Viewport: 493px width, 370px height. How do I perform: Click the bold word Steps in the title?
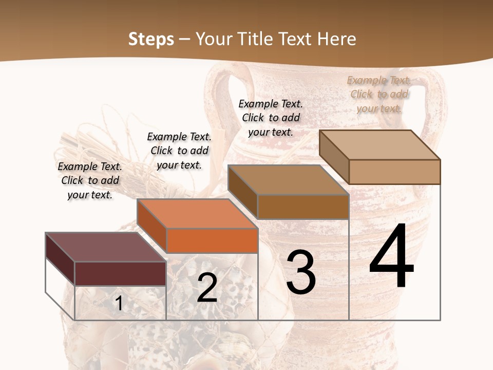[151, 39]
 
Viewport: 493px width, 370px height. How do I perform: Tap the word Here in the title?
[336, 39]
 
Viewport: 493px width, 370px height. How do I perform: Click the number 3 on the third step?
[301, 273]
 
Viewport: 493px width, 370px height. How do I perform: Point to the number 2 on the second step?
[207, 288]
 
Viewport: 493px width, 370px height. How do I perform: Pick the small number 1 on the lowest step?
[119, 304]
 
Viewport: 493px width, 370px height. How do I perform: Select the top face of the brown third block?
[288, 180]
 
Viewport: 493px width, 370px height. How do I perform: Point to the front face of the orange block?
[212, 240]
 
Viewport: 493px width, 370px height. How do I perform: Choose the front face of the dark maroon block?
[120, 273]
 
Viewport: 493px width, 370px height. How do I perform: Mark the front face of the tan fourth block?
[394, 172]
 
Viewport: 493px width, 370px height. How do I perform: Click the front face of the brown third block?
[302, 207]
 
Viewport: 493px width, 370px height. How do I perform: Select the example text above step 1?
[90, 180]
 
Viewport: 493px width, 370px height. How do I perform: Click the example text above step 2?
[179, 151]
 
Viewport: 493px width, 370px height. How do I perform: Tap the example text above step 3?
[271, 118]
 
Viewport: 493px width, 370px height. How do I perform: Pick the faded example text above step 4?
[379, 94]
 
